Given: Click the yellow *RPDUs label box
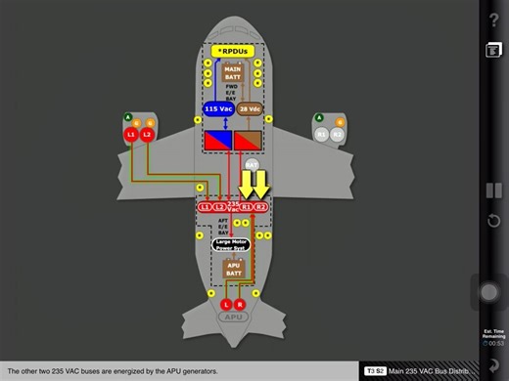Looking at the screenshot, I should click(232, 50).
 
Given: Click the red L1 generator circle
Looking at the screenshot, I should click(131, 134).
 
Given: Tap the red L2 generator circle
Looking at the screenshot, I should click(147, 134).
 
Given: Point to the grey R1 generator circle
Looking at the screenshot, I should click(321, 134).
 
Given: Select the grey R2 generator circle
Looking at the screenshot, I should click(337, 134).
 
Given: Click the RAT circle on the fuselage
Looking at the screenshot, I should click(252, 166).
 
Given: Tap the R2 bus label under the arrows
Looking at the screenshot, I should click(261, 207).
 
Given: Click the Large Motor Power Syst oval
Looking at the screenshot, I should click(232, 245).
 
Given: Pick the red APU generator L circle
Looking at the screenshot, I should click(225, 305).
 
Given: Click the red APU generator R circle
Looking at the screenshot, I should click(240, 305).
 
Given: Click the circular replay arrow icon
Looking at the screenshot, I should click(493, 220).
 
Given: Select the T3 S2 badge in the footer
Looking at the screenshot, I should click(375, 371).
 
